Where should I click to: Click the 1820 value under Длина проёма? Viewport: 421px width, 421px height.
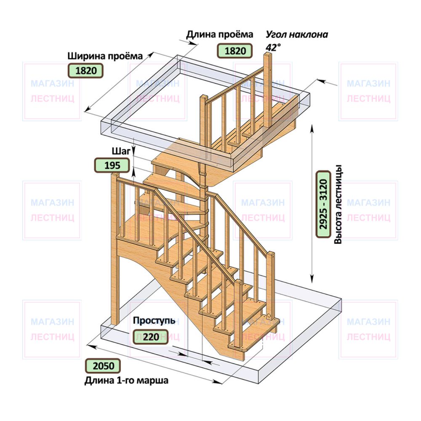click(234, 51)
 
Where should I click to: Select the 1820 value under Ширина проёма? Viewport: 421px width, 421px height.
click(85, 71)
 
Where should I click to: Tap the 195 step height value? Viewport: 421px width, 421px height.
click(112, 165)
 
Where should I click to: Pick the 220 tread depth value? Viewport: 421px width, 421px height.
click(151, 337)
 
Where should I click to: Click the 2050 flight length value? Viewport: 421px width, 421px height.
click(103, 366)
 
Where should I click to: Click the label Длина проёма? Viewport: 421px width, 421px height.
click(220, 35)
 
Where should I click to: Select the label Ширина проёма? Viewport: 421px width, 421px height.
click(105, 56)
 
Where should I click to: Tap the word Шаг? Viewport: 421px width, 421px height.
click(121, 151)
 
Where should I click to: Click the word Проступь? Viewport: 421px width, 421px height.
click(154, 320)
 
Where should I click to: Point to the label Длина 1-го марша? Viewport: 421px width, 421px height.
click(126, 380)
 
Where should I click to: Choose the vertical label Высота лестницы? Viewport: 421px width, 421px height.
click(338, 204)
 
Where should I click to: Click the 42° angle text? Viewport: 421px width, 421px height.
click(273, 47)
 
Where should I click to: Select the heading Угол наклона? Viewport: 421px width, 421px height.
click(297, 35)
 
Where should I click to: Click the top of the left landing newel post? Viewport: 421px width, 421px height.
click(115, 175)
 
